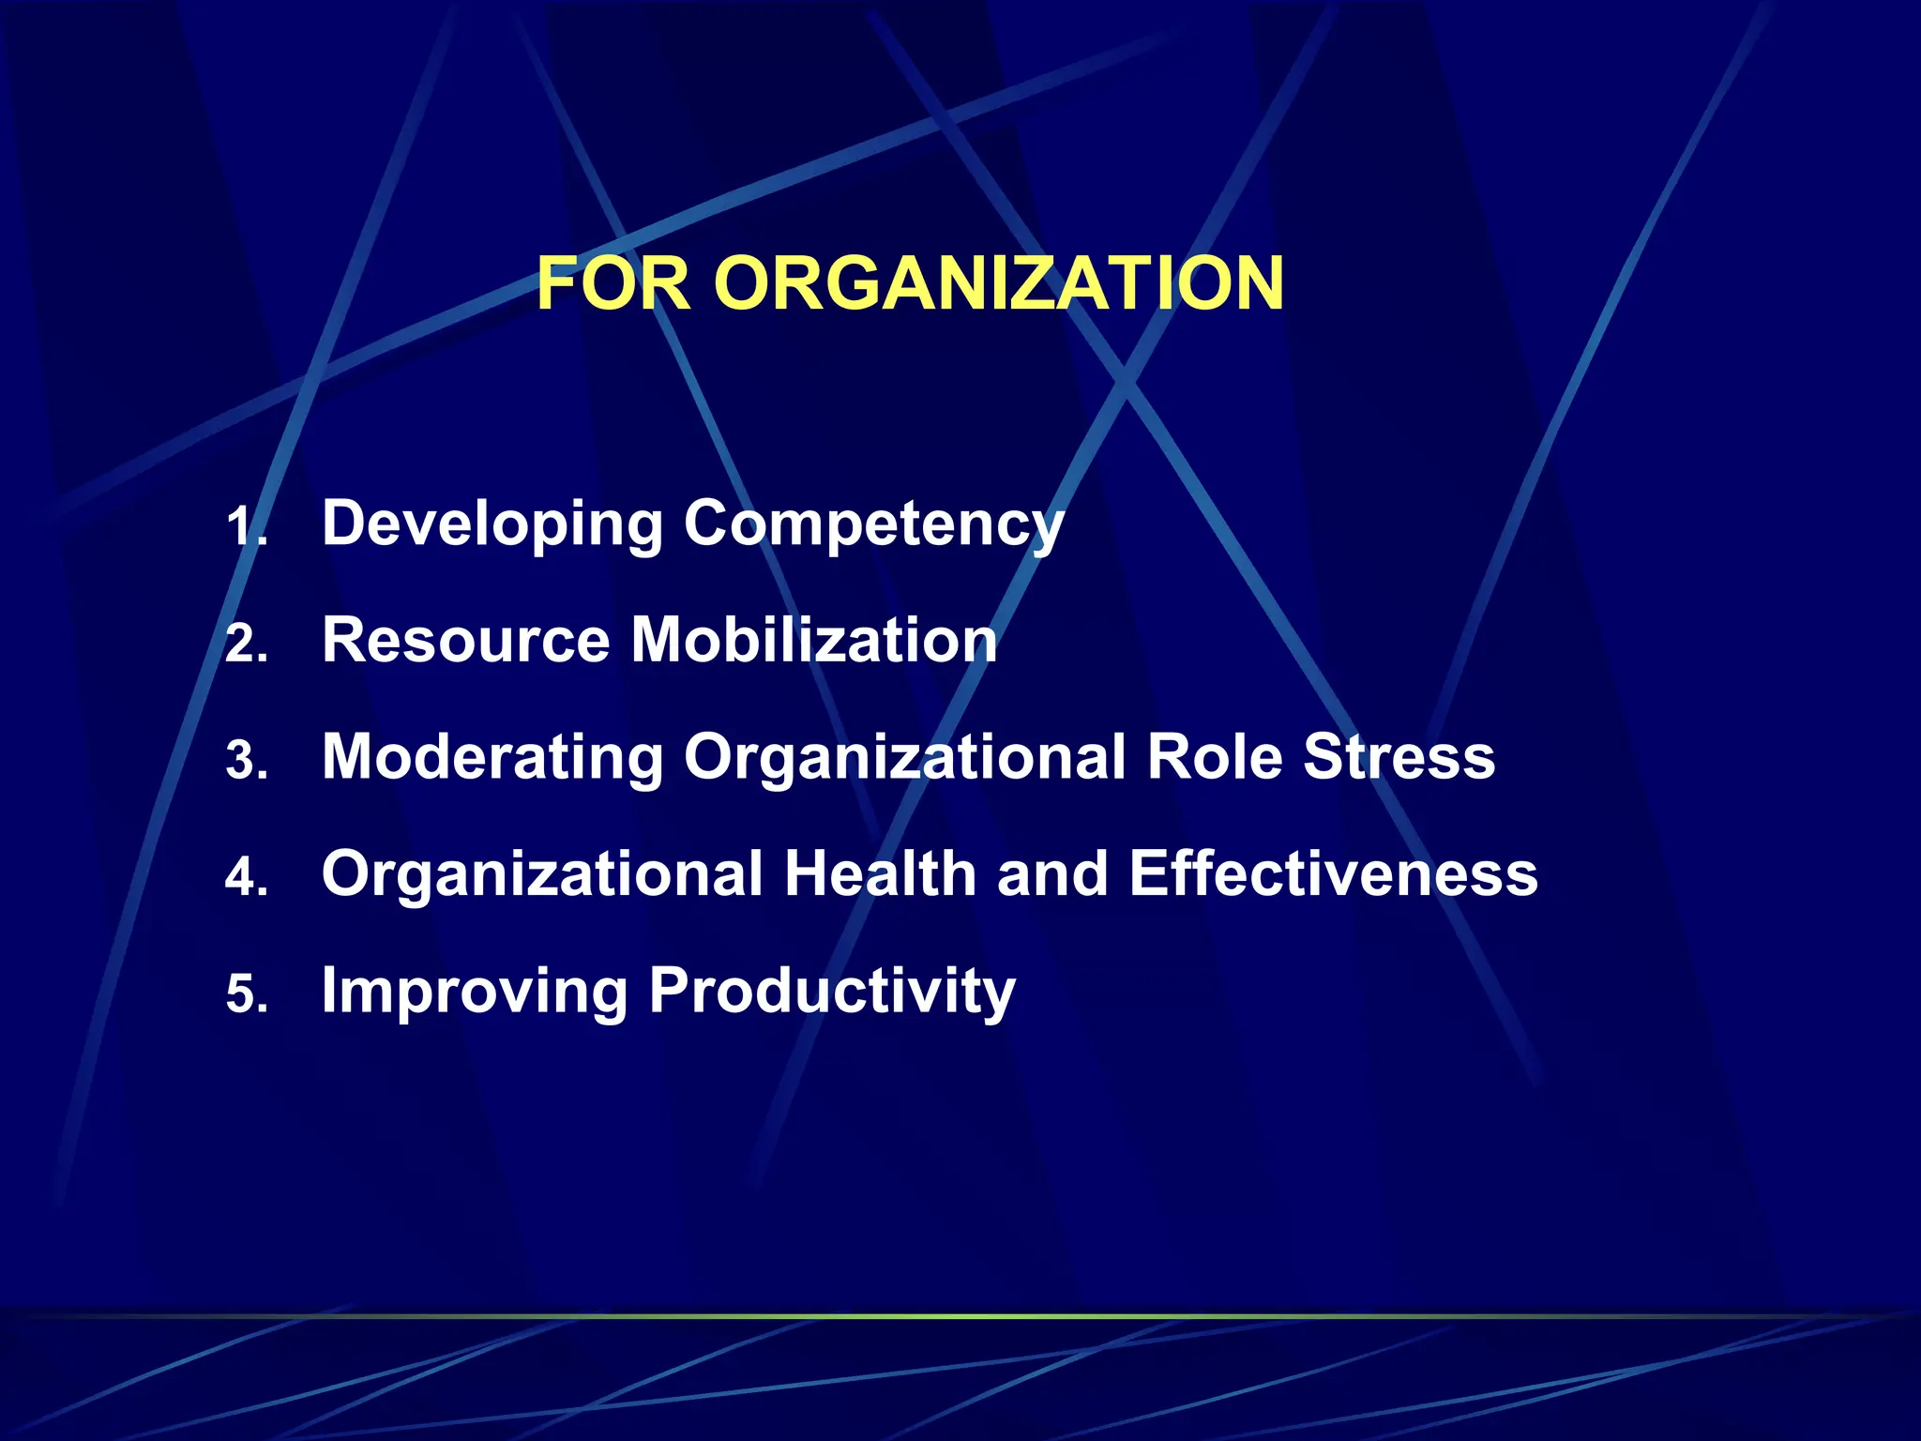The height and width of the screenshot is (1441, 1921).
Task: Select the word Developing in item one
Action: [492, 523]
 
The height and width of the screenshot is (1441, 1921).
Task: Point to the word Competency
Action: [873, 523]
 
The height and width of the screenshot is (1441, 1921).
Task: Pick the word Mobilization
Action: [813, 641]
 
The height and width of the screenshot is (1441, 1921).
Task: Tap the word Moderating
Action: [492, 757]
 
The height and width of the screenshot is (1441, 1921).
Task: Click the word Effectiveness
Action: [1333, 874]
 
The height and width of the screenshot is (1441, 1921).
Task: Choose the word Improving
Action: [475, 991]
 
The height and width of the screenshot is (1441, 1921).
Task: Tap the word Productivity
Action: [832, 991]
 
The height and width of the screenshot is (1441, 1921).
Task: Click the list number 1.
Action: [246, 527]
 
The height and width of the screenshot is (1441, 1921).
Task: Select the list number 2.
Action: [246, 645]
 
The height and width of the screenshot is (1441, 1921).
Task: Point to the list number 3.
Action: [246, 761]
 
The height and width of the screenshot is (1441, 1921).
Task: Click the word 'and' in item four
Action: [1052, 874]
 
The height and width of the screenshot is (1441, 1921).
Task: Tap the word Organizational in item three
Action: [904, 757]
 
